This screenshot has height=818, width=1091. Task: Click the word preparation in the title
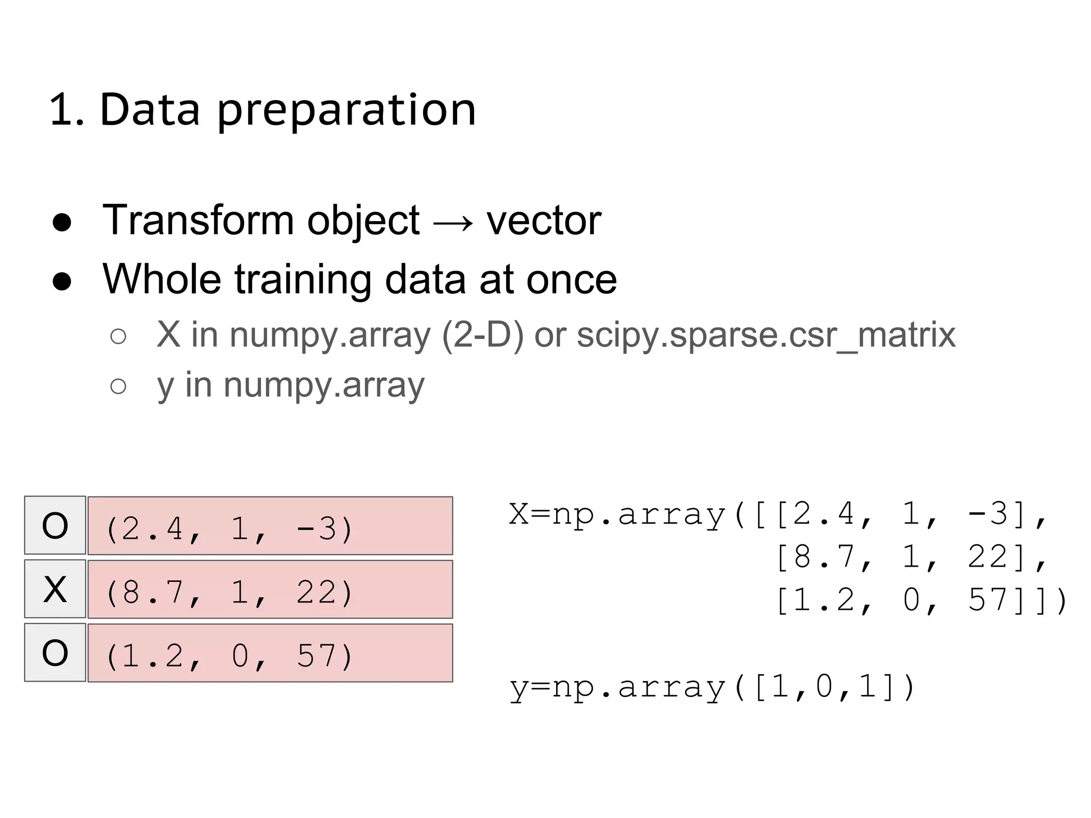coord(346,111)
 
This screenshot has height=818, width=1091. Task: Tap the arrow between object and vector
coord(453,222)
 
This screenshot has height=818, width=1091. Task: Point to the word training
coord(303,280)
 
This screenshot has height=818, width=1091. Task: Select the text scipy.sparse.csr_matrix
coord(766,336)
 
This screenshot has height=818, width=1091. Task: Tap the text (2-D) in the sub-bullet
coord(483,336)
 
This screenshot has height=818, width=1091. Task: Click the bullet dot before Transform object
coord(62,223)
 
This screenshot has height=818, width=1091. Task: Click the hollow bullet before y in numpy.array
coord(118,386)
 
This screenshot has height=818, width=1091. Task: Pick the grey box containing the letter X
coord(55,589)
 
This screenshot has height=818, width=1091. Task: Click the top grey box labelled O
coord(55,526)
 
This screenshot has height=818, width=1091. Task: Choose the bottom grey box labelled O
coord(55,652)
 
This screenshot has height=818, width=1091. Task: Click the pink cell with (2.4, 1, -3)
coord(270,526)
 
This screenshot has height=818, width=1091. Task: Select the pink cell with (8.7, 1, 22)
coord(270,590)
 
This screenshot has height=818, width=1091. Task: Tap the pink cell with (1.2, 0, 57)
coord(270,653)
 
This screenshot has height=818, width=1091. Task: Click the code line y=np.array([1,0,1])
coord(712,687)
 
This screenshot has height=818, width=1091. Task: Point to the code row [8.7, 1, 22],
coord(911,558)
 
